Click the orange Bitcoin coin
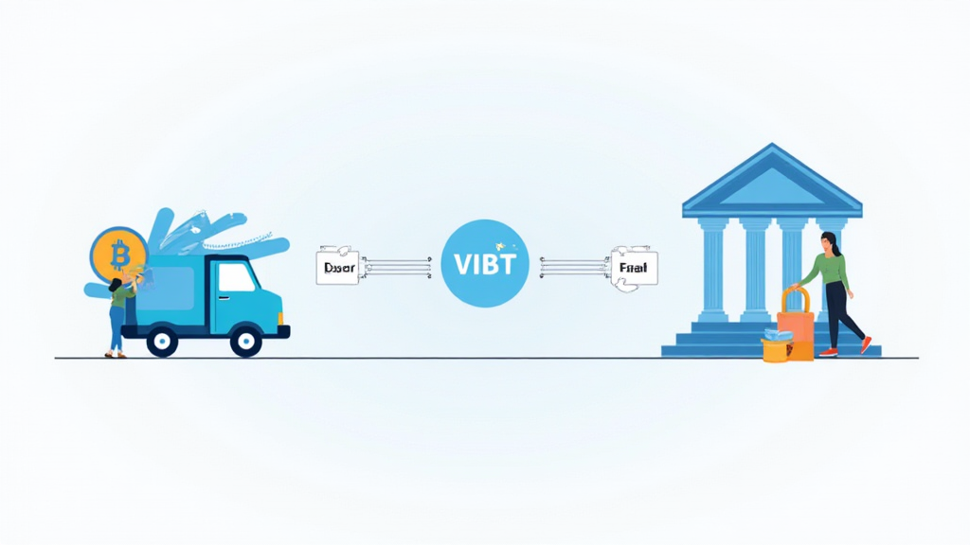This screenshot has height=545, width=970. [x=118, y=254]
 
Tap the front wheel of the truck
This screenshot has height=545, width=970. [x=246, y=341]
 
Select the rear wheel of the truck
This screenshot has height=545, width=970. [x=162, y=341]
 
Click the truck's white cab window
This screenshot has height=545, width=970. [x=237, y=276]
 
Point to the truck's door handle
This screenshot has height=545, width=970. [x=227, y=301]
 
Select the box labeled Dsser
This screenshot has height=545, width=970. [x=337, y=269]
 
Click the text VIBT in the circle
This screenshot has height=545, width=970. [x=484, y=265]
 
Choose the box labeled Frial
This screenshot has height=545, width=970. [x=634, y=269]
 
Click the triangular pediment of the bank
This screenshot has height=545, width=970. [x=772, y=185]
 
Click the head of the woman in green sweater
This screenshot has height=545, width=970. [x=830, y=241]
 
